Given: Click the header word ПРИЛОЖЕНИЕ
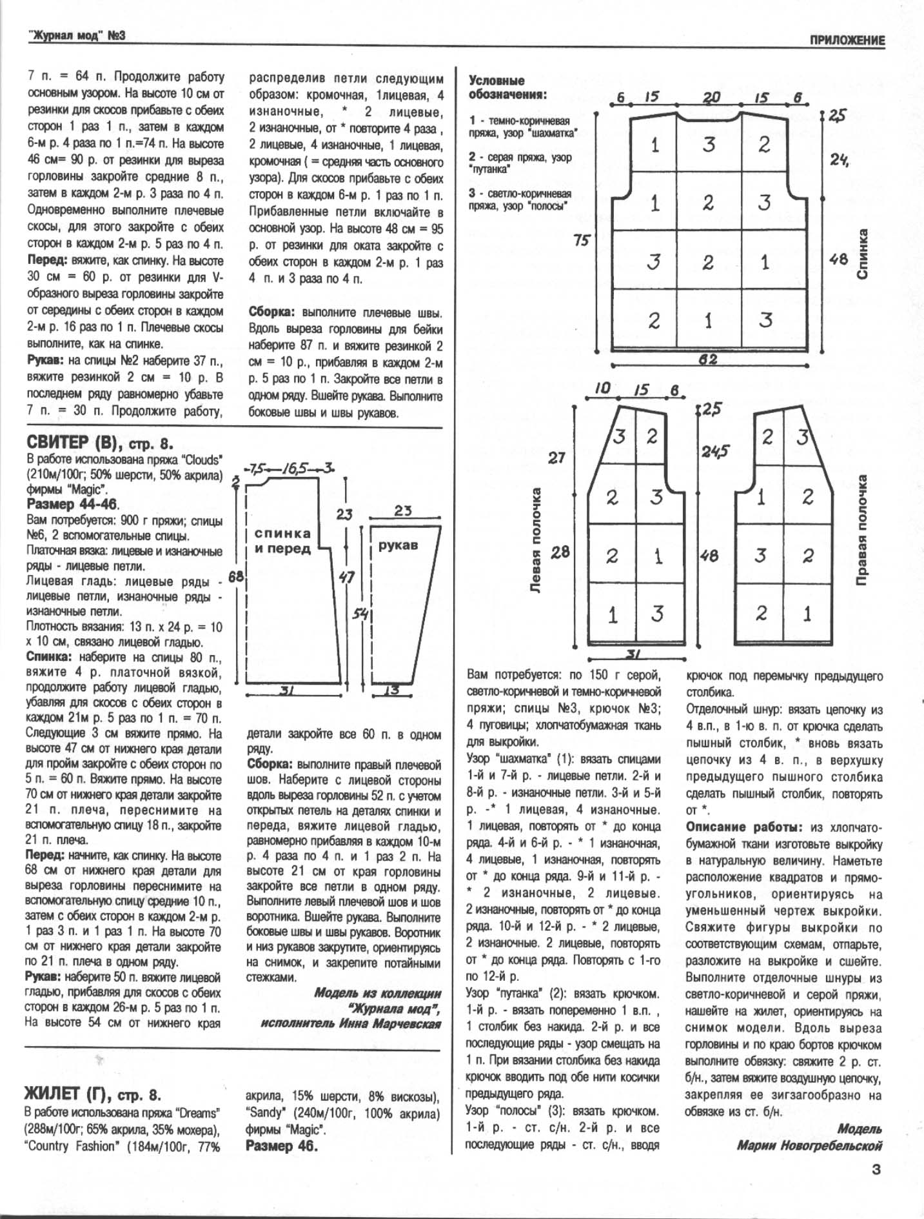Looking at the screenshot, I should pyautogui.click(x=847, y=40).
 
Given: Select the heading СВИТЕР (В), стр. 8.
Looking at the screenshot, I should pyautogui.click(x=100, y=443).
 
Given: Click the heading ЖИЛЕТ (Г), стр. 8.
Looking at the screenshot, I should pyautogui.click(x=92, y=1094).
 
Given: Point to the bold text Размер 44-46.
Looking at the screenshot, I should pyautogui.click(x=73, y=504).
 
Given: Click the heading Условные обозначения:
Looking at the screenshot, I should pyautogui.click(x=507, y=88).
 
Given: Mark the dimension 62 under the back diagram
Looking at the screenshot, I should pyautogui.click(x=708, y=359).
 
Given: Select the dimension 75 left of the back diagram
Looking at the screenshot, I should pyautogui.click(x=582, y=240).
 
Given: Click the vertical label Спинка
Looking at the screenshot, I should pyautogui.click(x=862, y=254).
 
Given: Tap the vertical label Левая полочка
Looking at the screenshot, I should pyautogui.click(x=535, y=541).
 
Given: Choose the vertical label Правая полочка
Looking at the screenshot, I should pyautogui.click(x=862, y=530).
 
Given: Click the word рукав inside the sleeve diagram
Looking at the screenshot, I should pyautogui.click(x=398, y=545).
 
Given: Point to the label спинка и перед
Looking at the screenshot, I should pyautogui.click(x=282, y=541).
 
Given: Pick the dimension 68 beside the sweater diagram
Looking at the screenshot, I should pyautogui.click(x=236, y=576).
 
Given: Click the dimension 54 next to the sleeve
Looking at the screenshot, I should pyautogui.click(x=360, y=614).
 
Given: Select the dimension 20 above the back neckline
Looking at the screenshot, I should pyautogui.click(x=711, y=97).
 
